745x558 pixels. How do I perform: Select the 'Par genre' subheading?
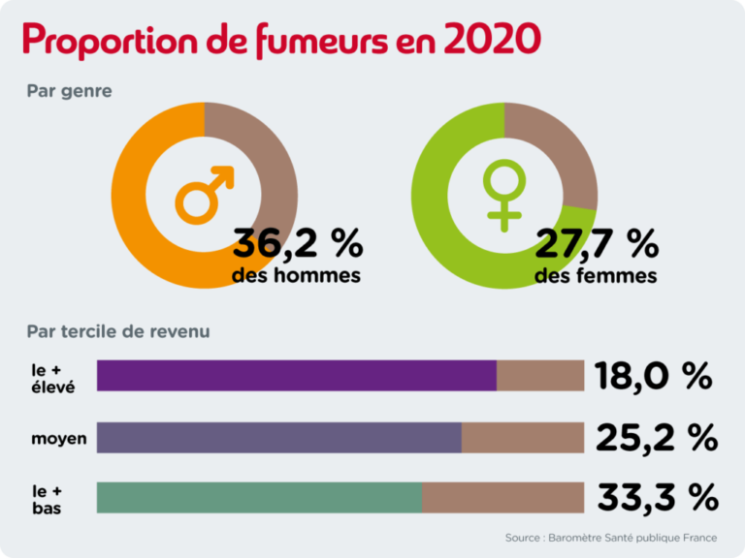69,92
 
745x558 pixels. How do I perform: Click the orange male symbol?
205,193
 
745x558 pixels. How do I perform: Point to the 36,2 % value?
296,245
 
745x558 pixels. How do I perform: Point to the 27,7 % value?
597,245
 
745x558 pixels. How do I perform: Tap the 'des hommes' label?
296,276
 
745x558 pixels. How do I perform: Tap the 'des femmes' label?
596,276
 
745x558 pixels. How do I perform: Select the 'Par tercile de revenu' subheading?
118,331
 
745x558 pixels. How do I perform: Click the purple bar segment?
297,376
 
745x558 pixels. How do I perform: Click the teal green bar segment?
259,497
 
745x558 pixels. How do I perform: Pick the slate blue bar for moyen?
279,437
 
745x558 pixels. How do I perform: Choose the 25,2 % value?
656,437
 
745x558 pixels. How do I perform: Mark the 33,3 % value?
657,498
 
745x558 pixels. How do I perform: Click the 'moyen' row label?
58,439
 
